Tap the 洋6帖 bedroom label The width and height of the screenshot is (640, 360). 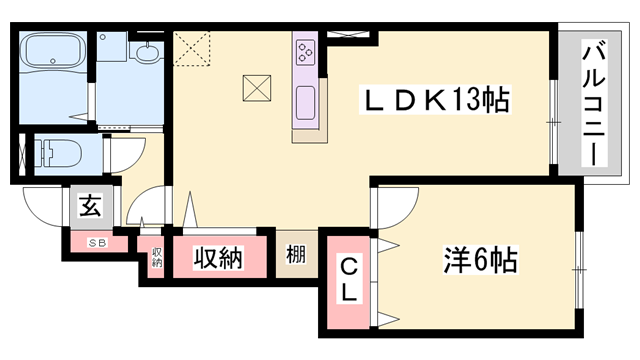(480, 263)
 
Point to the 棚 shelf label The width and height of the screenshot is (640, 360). (296, 256)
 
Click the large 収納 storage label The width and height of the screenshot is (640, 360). (217, 258)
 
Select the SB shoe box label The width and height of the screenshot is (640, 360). (98, 243)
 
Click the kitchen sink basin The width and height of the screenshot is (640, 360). (305, 100)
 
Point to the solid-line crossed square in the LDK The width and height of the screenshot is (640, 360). (258, 88)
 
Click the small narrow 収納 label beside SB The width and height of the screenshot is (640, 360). (157, 259)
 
